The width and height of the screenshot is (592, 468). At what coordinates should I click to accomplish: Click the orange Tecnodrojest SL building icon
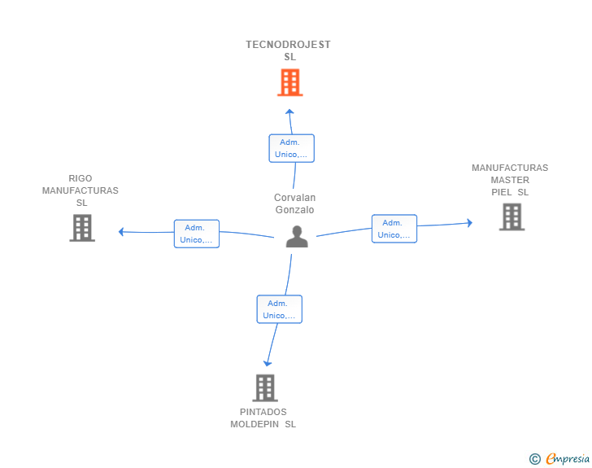[x=289, y=82]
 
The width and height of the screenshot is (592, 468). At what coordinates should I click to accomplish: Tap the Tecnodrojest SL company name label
[x=289, y=50]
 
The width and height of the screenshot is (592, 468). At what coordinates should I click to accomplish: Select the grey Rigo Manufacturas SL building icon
[x=82, y=228]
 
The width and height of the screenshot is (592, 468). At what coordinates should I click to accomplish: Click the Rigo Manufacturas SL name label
[x=80, y=190]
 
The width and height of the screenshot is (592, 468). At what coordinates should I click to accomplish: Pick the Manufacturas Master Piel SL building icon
[x=511, y=217]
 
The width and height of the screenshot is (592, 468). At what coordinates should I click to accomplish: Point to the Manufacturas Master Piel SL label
[x=510, y=180]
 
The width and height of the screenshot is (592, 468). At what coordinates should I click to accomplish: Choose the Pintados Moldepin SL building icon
[x=264, y=388]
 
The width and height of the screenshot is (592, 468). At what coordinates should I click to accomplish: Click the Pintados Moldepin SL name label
[x=263, y=418]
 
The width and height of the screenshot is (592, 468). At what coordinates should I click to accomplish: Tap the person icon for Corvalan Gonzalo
[x=297, y=237]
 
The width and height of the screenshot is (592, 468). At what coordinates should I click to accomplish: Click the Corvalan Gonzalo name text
[x=294, y=203]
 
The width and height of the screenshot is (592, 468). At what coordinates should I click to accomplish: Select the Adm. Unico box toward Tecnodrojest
[x=291, y=148]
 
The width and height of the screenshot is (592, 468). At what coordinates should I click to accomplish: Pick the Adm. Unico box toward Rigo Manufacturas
[x=197, y=234]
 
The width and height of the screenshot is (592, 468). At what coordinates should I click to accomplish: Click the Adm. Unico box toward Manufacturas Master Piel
[x=394, y=229]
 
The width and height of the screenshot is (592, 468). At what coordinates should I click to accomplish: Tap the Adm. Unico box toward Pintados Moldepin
[x=279, y=309]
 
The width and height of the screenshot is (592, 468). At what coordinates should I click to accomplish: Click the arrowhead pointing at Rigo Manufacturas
[x=121, y=232]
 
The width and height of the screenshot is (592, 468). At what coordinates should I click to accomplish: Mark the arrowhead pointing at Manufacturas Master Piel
[x=469, y=222]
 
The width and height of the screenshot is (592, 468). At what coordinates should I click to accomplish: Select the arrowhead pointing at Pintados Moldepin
[x=268, y=363]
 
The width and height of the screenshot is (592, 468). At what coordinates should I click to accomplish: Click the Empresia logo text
[x=568, y=459]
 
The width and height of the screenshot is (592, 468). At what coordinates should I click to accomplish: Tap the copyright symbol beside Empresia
[x=534, y=460]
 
